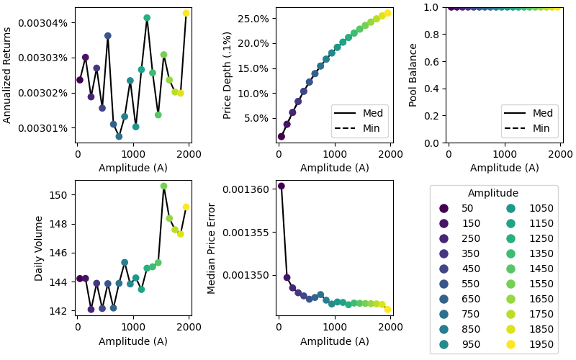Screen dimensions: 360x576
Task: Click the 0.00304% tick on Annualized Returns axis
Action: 48,22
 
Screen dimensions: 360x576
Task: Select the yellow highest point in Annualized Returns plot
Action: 186,13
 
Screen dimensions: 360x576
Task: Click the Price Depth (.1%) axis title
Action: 228,75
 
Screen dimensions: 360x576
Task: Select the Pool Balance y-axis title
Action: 413,75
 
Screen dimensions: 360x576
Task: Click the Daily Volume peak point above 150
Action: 163,186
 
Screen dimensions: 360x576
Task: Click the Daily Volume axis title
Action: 39,248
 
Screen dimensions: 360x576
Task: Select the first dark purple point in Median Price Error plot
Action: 282,186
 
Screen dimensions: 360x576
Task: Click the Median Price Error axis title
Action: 212,248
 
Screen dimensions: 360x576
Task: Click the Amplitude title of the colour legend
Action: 493,193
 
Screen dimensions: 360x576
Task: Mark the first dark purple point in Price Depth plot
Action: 282,136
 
